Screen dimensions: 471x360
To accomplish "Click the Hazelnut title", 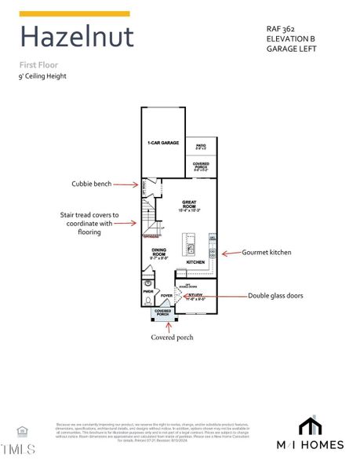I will click(x=76, y=37).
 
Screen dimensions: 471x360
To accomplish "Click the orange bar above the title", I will click(x=75, y=13).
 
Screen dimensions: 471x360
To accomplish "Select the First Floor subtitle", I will click(x=38, y=64).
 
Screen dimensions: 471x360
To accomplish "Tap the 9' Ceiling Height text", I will click(x=43, y=76).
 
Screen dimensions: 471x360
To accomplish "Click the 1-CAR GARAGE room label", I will click(x=163, y=144).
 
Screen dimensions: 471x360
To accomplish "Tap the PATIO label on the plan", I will click(x=201, y=146).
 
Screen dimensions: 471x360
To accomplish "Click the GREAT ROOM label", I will click(x=188, y=205).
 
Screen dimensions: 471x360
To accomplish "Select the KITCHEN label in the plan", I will click(x=195, y=262).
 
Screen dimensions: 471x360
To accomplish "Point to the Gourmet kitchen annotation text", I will click(x=267, y=253).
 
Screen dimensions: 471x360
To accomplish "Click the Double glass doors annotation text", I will click(x=275, y=296).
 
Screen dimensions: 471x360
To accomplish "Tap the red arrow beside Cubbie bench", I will click(x=125, y=184).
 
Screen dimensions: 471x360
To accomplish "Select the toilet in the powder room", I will click(x=147, y=283).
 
